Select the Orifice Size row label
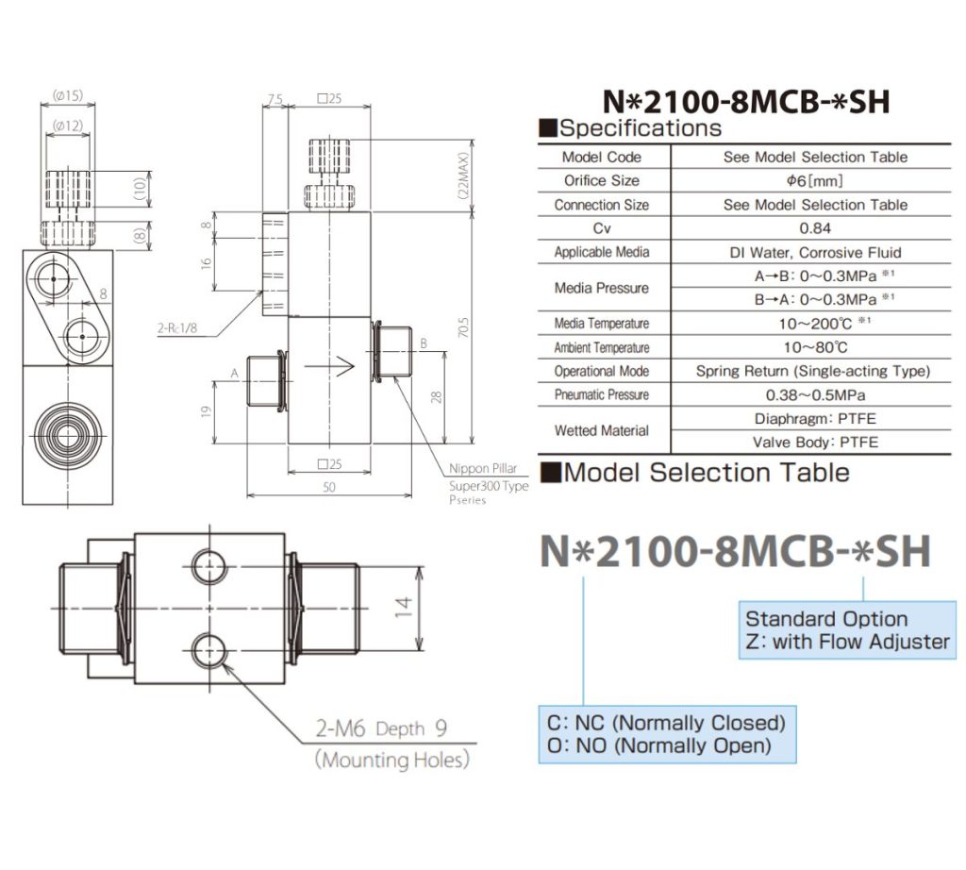click(x=601, y=180)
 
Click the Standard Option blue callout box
click(x=846, y=630)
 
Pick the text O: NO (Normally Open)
click(x=658, y=745)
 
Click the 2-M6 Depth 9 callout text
click(x=383, y=728)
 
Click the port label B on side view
click(x=424, y=343)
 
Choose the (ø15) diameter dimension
click(x=68, y=95)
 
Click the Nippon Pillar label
click(x=482, y=468)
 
